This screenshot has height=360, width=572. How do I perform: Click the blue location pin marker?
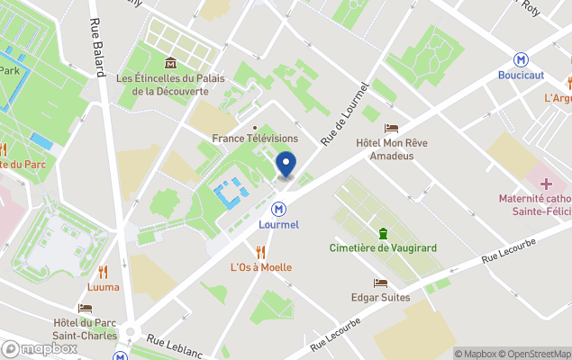(x=286, y=166)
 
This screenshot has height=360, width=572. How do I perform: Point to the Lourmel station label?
(x=278, y=224)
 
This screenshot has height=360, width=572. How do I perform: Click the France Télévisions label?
(x=255, y=139)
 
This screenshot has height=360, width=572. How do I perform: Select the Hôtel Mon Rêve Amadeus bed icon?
(x=390, y=128)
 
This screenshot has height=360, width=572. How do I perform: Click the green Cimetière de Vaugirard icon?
(x=383, y=233)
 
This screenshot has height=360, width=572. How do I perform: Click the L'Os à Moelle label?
(x=261, y=267)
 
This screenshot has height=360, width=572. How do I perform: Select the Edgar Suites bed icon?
(x=379, y=282)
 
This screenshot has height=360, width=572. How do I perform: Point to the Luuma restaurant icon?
(x=103, y=271)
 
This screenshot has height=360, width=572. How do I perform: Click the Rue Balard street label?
(x=97, y=49)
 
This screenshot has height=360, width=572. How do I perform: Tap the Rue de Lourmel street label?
(x=345, y=113)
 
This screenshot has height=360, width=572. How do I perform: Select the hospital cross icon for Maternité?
(x=546, y=183)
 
